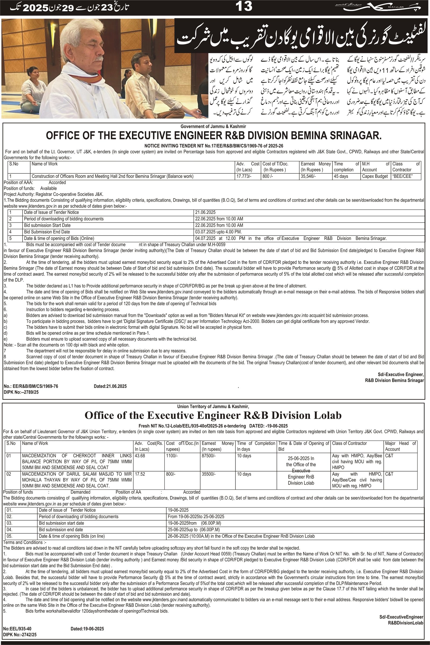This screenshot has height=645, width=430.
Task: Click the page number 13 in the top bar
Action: pyautogui.click(x=244, y=6)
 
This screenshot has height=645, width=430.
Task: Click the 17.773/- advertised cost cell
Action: pyautogui.click(x=243, y=176)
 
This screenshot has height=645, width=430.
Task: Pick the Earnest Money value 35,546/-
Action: pyautogui.click(x=308, y=176)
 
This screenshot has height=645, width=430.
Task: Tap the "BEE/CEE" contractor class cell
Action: pyautogui.click(x=402, y=176)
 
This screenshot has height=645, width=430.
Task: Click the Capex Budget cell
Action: pyautogui.click(x=375, y=176)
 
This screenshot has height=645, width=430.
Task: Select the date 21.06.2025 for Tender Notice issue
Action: pyautogui.click(x=205, y=212)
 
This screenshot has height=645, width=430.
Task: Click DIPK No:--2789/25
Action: pyautogui.click(x=21, y=392)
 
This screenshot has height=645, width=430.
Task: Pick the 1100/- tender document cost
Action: pyautogui.click(x=172, y=456)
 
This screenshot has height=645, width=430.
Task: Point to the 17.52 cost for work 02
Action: pyautogui.click(x=139, y=474)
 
